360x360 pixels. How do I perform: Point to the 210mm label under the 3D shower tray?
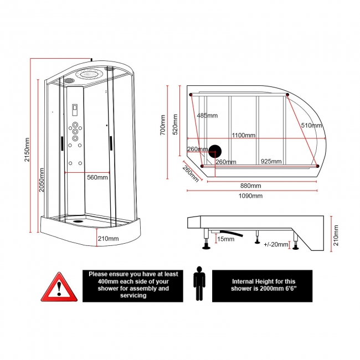(x=108, y=238)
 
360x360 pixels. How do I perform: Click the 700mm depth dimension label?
(x=163, y=125)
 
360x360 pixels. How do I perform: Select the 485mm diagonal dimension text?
(x=207, y=115)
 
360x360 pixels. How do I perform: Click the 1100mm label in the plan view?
(x=243, y=135)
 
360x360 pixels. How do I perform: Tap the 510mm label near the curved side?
(x=312, y=125)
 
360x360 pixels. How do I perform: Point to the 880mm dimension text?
(x=250, y=186)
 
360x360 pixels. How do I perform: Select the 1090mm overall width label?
(x=250, y=196)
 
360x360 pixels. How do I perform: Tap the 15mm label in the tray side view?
(x=225, y=239)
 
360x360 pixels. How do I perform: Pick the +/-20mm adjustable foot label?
(x=276, y=244)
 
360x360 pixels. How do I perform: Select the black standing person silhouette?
(x=199, y=284)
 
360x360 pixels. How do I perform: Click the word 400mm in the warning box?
(x=99, y=281)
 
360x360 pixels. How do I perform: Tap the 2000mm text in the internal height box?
(x=266, y=288)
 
